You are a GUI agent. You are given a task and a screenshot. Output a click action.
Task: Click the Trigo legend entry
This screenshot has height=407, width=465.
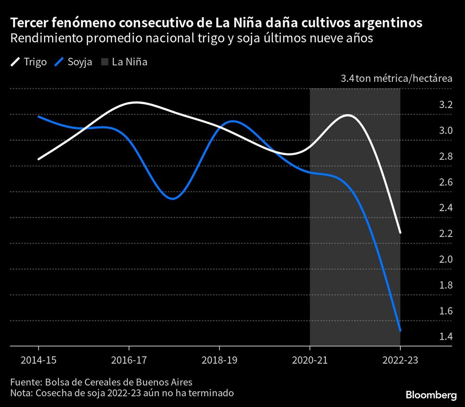(29, 62)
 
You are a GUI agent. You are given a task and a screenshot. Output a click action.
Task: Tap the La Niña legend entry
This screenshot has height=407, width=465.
(125, 62)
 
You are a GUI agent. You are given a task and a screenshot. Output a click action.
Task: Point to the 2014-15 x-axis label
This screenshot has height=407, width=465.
(38, 360)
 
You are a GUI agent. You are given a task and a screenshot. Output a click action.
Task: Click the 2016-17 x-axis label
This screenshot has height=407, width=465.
(129, 360)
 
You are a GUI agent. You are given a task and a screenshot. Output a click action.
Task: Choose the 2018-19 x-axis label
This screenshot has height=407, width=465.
(219, 360)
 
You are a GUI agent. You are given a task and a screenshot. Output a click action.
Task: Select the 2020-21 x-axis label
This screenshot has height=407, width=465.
(310, 360)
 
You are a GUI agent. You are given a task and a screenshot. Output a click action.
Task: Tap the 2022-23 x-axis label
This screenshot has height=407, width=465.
(400, 360)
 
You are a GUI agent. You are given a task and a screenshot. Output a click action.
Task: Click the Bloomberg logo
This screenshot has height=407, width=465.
(431, 395)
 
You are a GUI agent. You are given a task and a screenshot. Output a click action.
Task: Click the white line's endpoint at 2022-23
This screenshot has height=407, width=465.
(400, 233)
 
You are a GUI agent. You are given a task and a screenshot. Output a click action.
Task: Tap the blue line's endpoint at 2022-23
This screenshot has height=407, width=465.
(400, 331)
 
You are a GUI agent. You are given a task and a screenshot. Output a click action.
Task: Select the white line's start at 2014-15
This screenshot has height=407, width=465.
(38, 159)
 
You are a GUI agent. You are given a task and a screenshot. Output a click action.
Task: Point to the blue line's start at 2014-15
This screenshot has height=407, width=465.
(38, 116)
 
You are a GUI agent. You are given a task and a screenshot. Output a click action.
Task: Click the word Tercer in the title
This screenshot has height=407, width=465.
(27, 23)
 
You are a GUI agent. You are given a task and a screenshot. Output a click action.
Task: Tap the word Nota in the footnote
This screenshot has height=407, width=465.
(21, 394)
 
